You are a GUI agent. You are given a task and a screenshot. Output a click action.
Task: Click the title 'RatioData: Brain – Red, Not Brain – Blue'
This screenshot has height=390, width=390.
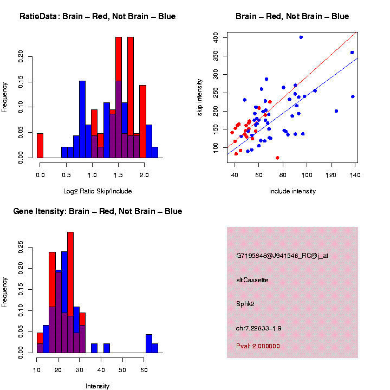pyautogui.click(x=97, y=16)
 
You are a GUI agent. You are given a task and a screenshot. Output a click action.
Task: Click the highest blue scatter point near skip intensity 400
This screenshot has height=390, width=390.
pyautogui.click(x=301, y=37)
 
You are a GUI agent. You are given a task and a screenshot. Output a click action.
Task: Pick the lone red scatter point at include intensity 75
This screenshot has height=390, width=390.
pyautogui.click(x=277, y=158)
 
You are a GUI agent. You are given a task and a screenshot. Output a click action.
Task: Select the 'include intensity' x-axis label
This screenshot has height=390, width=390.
pyautogui.click(x=292, y=191)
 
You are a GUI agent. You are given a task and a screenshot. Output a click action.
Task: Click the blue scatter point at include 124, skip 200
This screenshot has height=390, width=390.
pyautogui.click(x=336, y=111)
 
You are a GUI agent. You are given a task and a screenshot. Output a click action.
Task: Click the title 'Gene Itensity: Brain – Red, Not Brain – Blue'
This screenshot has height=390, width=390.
pyautogui.click(x=97, y=211)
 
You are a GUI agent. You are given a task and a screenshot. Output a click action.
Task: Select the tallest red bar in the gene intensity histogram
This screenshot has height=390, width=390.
pyautogui.click(x=70, y=292)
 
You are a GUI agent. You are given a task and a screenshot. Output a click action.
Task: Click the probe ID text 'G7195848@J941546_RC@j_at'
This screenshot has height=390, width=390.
pyautogui.click(x=282, y=256)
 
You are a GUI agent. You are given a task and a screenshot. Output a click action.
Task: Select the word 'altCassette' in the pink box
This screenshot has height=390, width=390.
pyautogui.click(x=252, y=280)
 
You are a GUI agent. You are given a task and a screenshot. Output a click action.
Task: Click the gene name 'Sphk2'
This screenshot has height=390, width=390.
pyautogui.click(x=245, y=304)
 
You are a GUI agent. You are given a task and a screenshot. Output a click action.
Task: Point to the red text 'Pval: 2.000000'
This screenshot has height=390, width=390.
pyautogui.click(x=258, y=346)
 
